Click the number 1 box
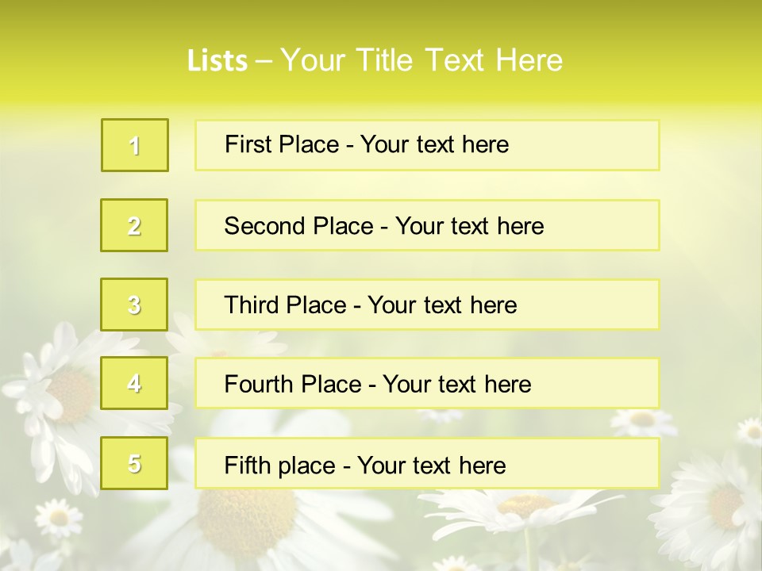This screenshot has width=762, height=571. (135, 145)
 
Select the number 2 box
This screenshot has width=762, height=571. (134, 225)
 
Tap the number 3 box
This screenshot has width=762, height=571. (134, 305)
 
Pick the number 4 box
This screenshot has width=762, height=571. (134, 384)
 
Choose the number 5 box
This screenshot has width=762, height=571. (134, 464)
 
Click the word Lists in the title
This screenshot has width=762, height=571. (217, 61)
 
